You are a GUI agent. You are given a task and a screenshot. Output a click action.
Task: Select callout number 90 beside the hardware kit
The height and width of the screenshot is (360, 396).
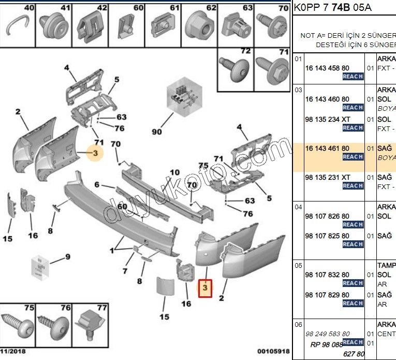[157, 132]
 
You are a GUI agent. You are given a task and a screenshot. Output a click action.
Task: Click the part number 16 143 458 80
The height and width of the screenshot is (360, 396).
[327, 68]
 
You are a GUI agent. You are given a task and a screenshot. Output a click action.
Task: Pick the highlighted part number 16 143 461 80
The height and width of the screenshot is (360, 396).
[327, 148]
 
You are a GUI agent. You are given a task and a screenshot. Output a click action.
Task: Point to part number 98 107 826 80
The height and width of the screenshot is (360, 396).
[327, 216]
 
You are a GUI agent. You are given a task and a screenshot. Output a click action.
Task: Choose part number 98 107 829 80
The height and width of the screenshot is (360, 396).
[327, 295]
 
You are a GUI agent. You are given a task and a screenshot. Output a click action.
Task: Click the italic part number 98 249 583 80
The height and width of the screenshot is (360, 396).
[327, 334]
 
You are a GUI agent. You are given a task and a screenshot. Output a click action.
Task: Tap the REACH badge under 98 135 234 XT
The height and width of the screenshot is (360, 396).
[353, 127]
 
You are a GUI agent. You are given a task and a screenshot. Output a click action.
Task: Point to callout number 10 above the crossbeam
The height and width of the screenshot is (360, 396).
[175, 172]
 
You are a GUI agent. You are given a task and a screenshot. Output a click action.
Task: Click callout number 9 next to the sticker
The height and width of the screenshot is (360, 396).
[67, 256]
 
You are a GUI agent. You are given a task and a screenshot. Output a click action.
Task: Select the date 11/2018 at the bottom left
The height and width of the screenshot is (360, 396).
[12, 352]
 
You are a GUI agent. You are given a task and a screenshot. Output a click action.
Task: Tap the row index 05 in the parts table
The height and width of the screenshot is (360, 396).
[298, 265]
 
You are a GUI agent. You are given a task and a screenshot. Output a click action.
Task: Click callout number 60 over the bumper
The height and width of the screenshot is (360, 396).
[122, 207]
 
